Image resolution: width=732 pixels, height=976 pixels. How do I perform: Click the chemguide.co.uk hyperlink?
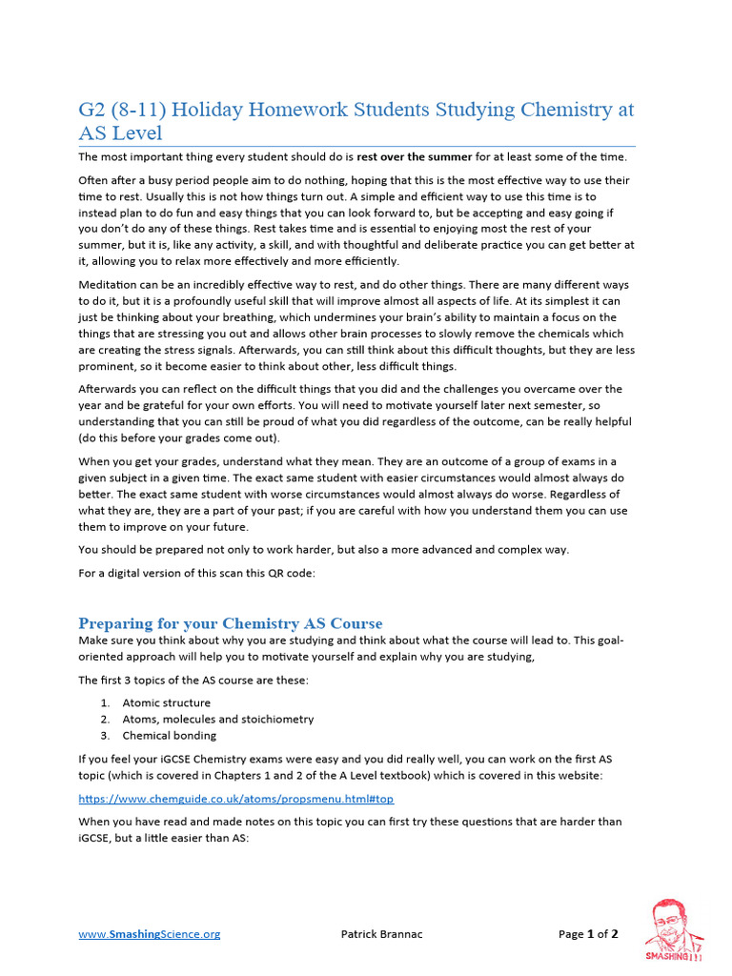pyautogui.click(x=235, y=798)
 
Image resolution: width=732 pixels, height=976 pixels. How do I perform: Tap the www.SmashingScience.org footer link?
pyautogui.click(x=149, y=934)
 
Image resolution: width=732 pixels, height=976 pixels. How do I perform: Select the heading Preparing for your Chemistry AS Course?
pyautogui.click(x=230, y=623)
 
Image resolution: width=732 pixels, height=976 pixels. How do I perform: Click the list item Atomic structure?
pyautogui.click(x=166, y=702)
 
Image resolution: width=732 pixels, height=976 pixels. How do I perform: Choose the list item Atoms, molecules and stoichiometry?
pyautogui.click(x=217, y=719)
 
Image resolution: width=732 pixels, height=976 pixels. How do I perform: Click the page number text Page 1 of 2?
pyautogui.click(x=588, y=934)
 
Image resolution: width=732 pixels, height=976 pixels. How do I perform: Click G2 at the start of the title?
pyautogui.click(x=93, y=110)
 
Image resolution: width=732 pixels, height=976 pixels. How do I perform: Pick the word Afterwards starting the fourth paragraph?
pyautogui.click(x=113, y=389)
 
